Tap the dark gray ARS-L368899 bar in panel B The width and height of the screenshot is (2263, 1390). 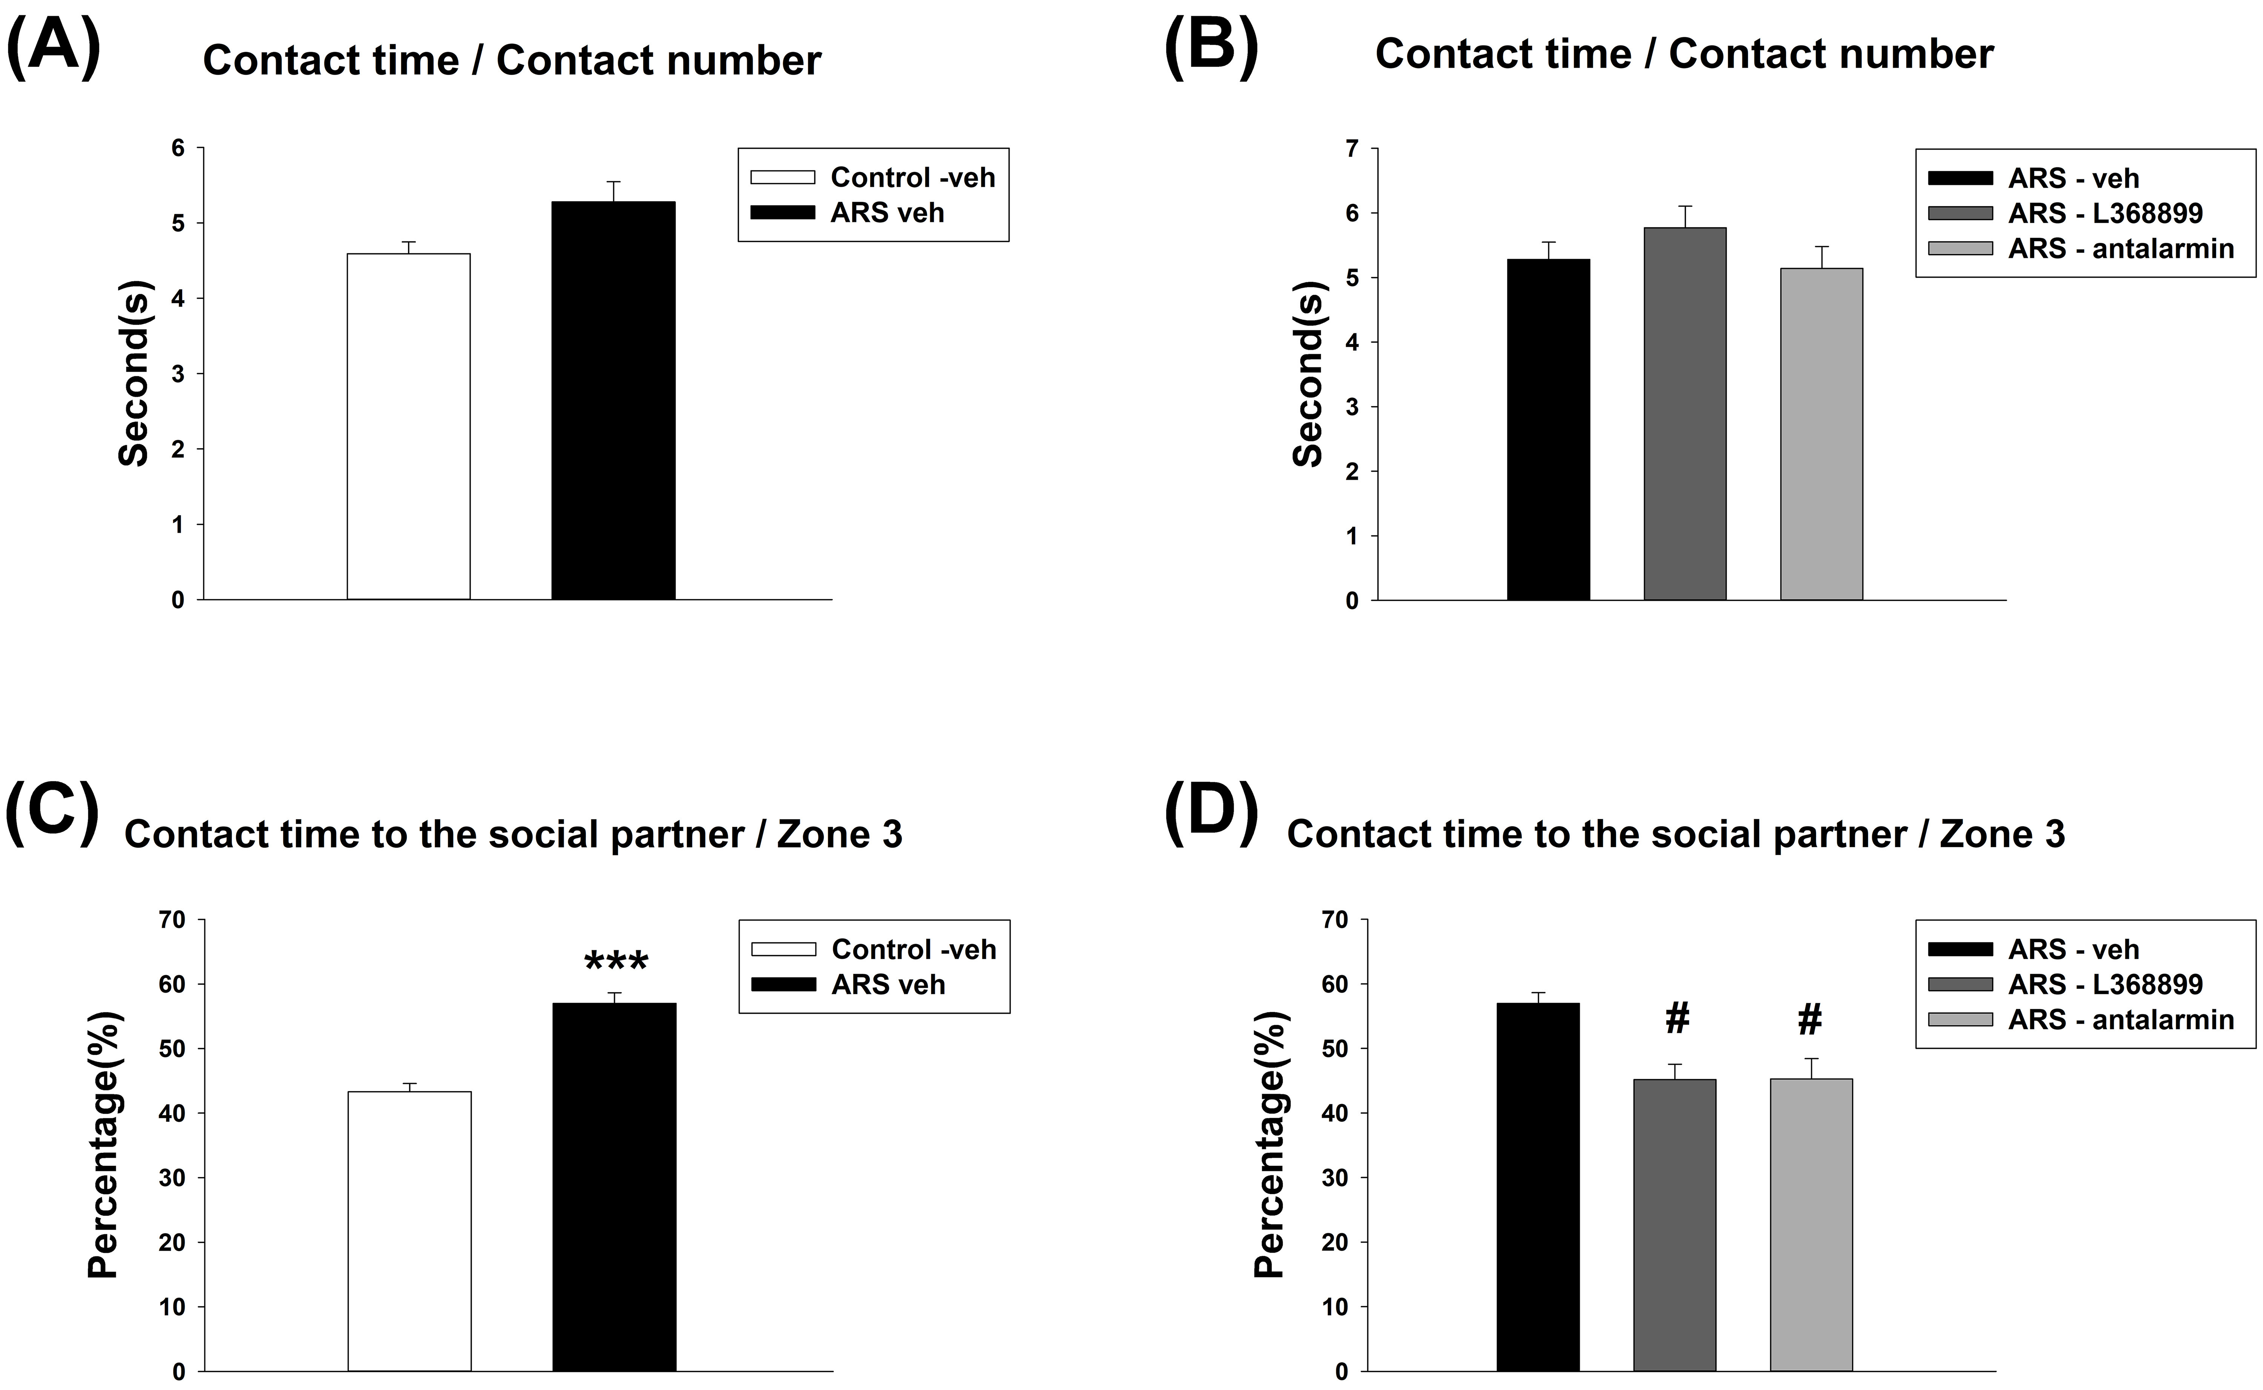1684,414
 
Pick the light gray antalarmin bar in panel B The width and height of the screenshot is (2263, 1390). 1821,434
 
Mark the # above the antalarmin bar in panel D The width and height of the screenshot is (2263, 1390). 1810,1019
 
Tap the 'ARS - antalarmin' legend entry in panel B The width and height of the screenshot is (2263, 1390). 2120,248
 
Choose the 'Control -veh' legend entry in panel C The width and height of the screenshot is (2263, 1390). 913,949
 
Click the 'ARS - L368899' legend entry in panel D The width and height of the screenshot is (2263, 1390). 2105,985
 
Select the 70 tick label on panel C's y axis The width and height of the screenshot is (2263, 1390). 172,920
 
